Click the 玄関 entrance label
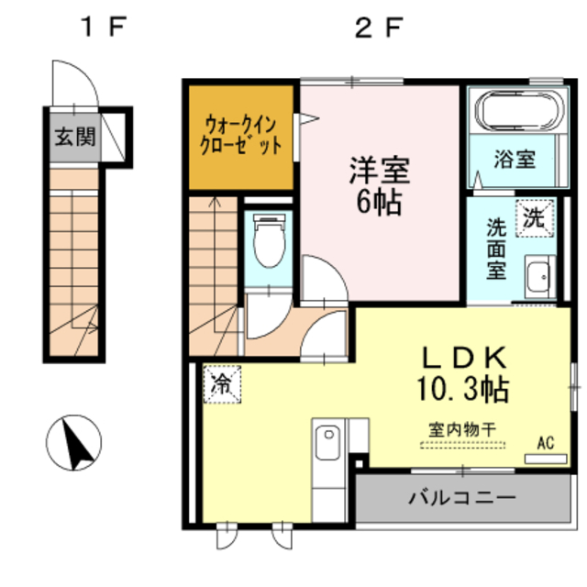pos(73,138)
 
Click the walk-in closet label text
pos(242,135)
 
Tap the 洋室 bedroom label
pos(378,171)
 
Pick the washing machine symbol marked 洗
pos(533,218)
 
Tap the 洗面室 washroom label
pos(496,248)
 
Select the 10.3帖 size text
pos(463,393)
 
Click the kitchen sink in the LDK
pos(327,446)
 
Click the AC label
pos(546,443)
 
